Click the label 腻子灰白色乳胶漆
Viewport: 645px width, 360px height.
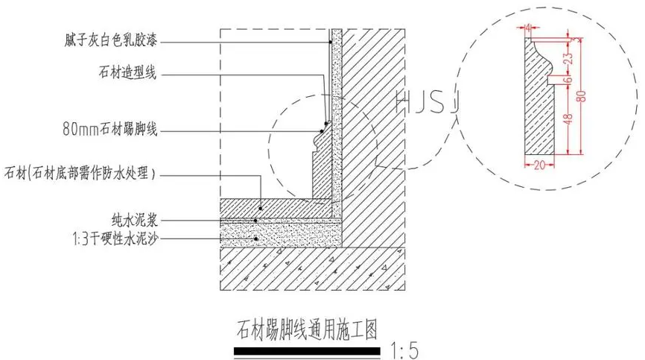point(112,37)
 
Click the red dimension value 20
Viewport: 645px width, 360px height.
point(540,165)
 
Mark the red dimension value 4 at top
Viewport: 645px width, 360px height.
point(527,28)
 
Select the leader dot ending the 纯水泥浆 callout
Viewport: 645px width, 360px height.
point(255,220)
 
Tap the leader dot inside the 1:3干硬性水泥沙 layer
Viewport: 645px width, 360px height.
point(255,239)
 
